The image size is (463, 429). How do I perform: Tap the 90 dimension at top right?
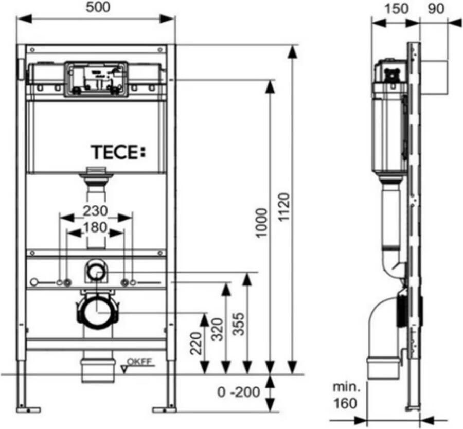pos(436,9)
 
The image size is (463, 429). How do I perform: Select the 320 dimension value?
pos(217,332)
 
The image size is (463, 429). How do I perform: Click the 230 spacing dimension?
pos(96,210)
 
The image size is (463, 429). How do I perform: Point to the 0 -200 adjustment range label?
pos(237,392)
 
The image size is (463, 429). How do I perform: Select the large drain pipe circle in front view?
pos(98,311)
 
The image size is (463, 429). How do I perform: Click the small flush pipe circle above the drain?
pos(96,271)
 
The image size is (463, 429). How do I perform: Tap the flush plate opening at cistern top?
pos(96,78)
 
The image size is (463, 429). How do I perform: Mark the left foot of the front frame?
pos(28,409)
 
